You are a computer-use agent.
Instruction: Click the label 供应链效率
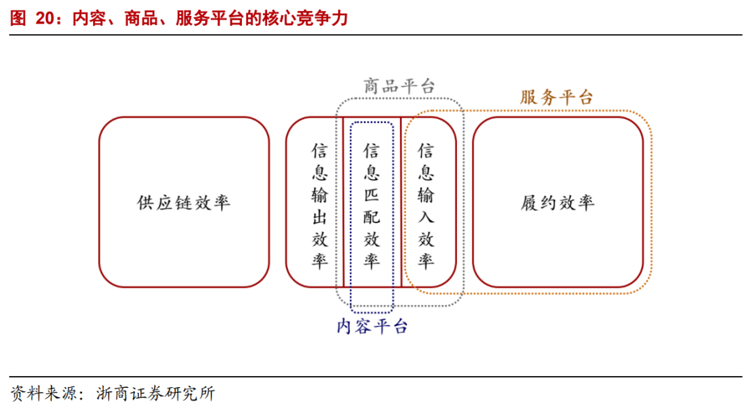coord(184,203)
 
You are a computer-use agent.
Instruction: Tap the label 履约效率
coord(558,203)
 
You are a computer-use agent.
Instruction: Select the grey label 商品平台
coord(399,86)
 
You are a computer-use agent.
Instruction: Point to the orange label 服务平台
coord(557,97)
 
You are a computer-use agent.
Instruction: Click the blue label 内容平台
coord(372,326)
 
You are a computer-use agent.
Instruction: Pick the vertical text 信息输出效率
coord(319,206)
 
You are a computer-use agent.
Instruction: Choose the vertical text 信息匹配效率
coord(372,206)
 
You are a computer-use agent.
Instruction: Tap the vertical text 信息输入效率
coord(426,206)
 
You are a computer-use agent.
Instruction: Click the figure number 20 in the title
coord(45,19)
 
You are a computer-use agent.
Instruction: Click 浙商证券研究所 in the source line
coord(156,393)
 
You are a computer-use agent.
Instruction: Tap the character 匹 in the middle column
coord(372,195)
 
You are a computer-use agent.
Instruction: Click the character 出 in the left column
coord(319,217)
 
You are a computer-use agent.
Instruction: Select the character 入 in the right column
coord(426,217)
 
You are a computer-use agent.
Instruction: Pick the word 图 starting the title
coord(17,19)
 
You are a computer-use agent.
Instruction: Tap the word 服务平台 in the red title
coord(209,19)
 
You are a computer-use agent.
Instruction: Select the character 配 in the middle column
coord(372,217)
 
